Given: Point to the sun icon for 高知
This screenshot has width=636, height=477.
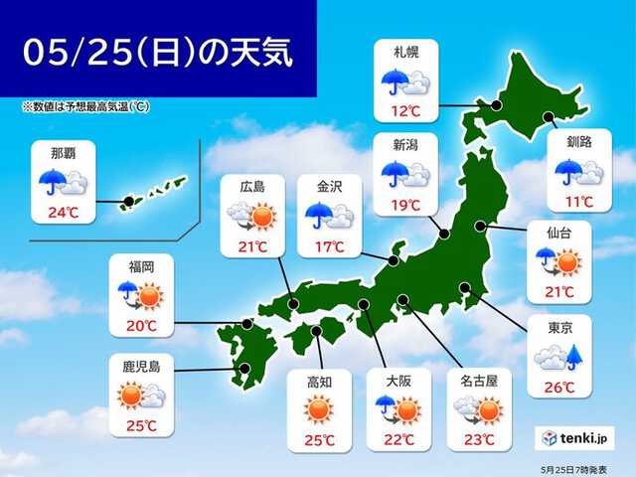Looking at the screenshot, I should click(x=317, y=407).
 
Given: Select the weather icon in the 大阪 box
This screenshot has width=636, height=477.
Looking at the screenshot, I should click(x=396, y=407).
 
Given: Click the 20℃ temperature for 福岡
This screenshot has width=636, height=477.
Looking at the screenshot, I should click(x=140, y=324).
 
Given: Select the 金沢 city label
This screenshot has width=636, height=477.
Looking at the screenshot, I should click(x=330, y=186).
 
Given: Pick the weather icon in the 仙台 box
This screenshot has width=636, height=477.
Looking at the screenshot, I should click(x=559, y=261).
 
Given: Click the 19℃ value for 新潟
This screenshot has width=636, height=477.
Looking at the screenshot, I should click(x=404, y=205).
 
